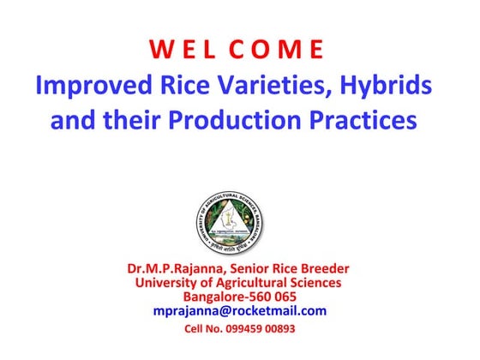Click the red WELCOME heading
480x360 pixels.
click(x=239, y=50)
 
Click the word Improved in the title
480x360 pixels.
click(x=90, y=87)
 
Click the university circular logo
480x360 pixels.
click(x=239, y=220)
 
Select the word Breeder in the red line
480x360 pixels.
click(x=326, y=268)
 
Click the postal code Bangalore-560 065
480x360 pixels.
click(x=239, y=297)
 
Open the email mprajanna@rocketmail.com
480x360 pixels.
click(x=239, y=311)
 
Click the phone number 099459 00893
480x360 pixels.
click(x=264, y=329)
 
